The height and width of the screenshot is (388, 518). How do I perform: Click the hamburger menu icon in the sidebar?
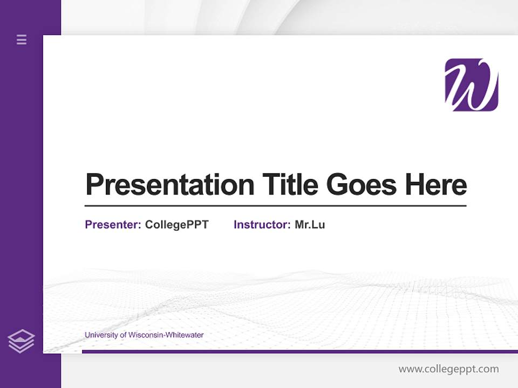[22, 39]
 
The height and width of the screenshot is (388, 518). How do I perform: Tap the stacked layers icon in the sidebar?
[21, 341]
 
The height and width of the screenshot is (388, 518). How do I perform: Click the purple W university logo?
[471, 85]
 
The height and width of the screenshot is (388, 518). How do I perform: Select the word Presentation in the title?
[170, 185]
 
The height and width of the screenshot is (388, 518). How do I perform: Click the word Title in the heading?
[290, 185]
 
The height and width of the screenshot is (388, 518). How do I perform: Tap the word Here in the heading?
[436, 185]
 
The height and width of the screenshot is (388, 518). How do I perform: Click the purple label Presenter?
[113, 225]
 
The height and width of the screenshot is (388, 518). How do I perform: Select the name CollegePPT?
[176, 225]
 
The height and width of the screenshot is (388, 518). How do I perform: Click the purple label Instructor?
[262, 225]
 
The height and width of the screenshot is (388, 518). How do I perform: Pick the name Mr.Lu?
[310, 225]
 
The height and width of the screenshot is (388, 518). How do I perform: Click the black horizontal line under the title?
[275, 206]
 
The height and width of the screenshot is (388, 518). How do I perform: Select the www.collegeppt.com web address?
[448, 369]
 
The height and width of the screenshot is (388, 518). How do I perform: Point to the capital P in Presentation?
[94, 185]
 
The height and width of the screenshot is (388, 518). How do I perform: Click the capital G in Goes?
[337, 185]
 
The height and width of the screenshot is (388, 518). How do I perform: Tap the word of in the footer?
[123, 335]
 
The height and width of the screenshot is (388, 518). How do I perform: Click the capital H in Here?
[415, 185]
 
